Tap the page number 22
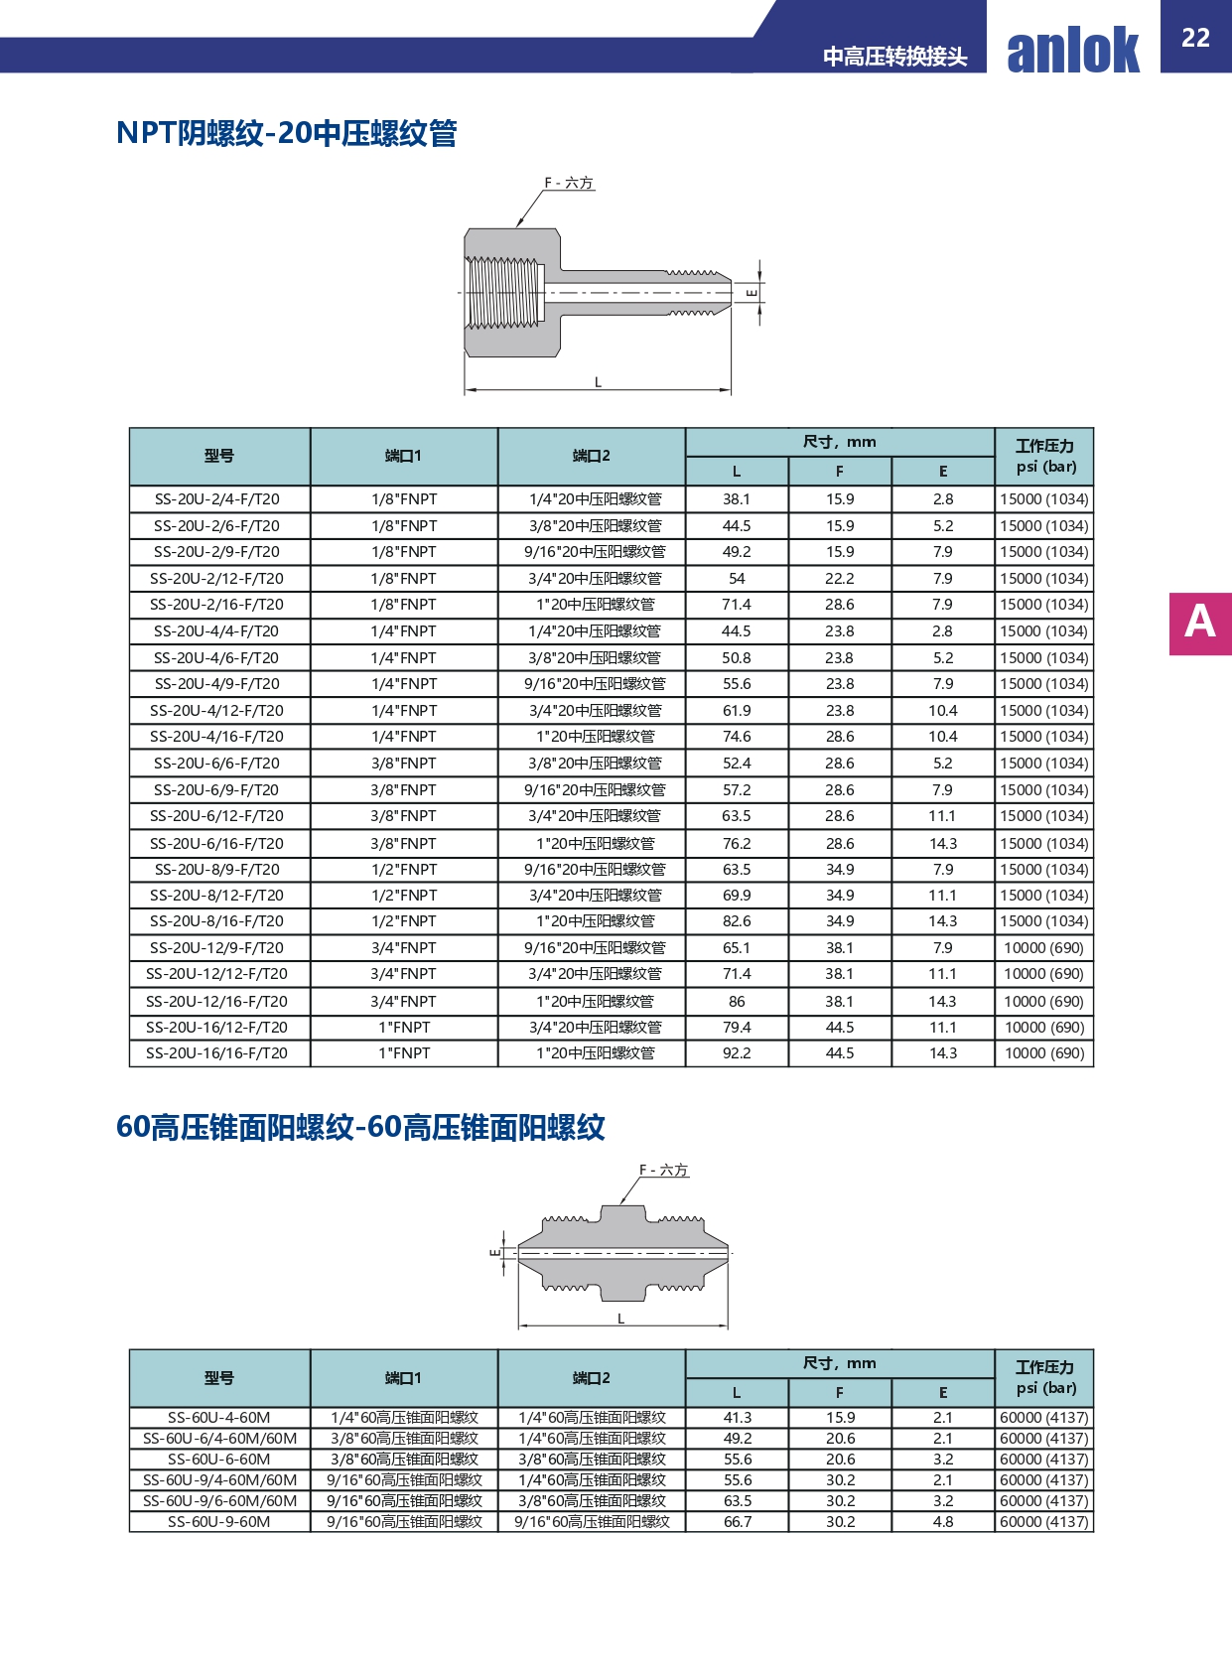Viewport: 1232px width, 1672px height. pos(1195,38)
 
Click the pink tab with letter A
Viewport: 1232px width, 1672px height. pos(1199,623)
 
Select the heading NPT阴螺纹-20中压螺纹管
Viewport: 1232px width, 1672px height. pos(286,133)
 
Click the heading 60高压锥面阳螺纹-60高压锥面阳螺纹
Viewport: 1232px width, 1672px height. pos(360,1127)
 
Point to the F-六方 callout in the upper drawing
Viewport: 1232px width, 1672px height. pos(568,183)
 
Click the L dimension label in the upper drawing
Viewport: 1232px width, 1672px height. pos(598,382)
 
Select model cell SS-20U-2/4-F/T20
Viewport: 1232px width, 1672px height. pos(217,499)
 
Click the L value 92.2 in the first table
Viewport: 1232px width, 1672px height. pos(737,1053)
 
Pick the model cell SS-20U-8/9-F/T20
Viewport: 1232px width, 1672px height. pos(217,869)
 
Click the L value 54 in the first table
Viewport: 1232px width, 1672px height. pos(737,578)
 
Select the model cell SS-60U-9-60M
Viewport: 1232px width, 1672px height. pos(218,1521)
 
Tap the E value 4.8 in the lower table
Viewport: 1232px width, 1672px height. pos(943,1521)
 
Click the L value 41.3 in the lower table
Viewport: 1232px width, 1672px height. pos(738,1418)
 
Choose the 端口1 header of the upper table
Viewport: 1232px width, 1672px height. pos(403,456)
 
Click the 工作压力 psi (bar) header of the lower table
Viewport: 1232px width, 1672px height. pos(1044,1377)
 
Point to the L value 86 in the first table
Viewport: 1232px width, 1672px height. pos(737,1001)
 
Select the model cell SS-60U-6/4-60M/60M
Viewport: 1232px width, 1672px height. pos(219,1439)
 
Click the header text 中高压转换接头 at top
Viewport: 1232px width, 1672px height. pos(894,57)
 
